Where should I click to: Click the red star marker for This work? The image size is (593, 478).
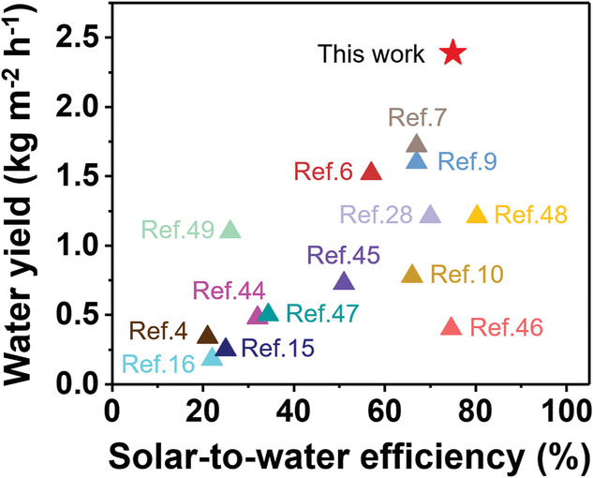(x=452, y=52)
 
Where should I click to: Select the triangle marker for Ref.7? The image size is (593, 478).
(x=417, y=143)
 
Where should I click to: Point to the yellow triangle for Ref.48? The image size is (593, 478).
(x=477, y=215)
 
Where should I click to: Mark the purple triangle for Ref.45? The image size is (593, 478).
(x=344, y=281)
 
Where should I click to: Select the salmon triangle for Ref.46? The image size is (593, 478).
(x=452, y=327)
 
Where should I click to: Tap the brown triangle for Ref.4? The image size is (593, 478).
(x=207, y=335)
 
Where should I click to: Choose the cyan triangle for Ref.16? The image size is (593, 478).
(x=212, y=357)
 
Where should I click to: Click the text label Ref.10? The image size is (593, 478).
(x=467, y=275)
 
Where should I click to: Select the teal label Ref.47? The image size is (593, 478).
(x=320, y=313)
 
